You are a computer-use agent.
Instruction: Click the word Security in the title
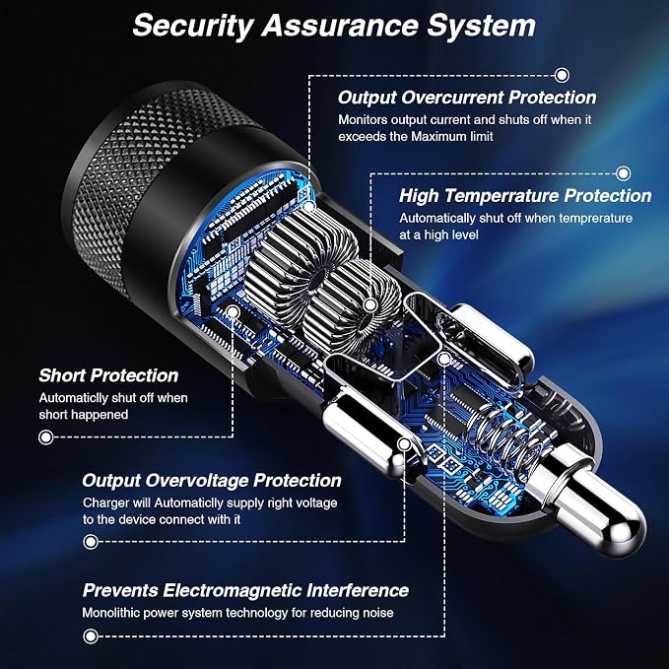(x=193, y=27)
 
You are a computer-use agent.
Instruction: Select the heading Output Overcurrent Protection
(x=467, y=98)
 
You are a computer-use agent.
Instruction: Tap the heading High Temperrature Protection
(x=525, y=196)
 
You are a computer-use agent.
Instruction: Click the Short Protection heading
(x=108, y=375)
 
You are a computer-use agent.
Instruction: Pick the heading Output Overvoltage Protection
(x=212, y=481)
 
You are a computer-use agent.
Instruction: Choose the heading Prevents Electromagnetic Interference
(x=245, y=590)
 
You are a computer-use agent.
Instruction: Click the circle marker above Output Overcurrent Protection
(x=562, y=76)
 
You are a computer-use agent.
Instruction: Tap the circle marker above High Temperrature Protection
(x=624, y=173)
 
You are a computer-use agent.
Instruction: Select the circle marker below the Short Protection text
(x=46, y=437)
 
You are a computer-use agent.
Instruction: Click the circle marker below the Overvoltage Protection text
(x=91, y=542)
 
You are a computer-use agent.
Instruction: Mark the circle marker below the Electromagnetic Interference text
(x=91, y=636)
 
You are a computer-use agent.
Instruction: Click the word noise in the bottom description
(x=378, y=613)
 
